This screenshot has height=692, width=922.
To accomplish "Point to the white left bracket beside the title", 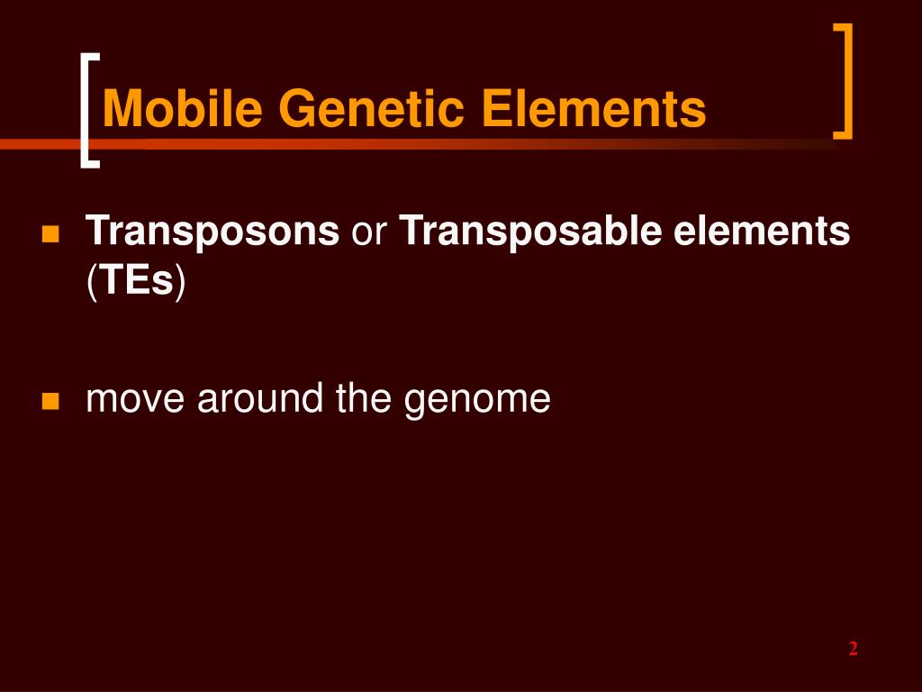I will pos(86,110).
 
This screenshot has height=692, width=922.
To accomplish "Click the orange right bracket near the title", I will pos(845,81).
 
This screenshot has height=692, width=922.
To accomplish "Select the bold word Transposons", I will pos(212,232).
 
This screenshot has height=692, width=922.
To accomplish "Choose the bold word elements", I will pos(762,232).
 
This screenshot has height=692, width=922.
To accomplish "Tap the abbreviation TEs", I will pos(136,281).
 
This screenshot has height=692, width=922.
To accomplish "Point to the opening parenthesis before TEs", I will pos(91,282).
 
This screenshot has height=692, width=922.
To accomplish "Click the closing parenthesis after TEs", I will pos(180,282).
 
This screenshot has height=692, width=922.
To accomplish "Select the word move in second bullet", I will pos(136,398).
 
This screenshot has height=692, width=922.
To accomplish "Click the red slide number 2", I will pos(853,650).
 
